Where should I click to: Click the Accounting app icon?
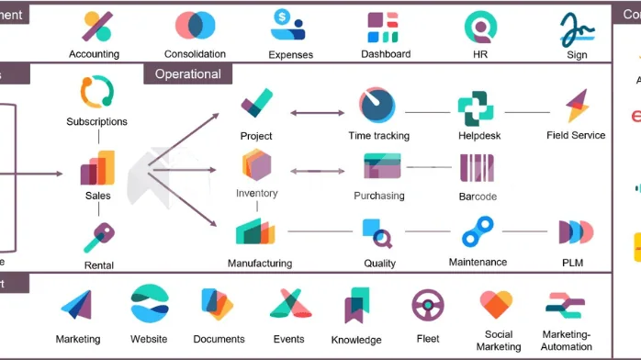coord(95,27)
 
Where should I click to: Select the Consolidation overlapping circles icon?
coord(195,26)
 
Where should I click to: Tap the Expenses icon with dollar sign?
coord(288,26)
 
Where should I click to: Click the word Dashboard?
coord(386,54)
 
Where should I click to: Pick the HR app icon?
coord(478,28)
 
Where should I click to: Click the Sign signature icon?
coord(576,28)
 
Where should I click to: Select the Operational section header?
coord(187,74)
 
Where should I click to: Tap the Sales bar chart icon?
coord(97,168)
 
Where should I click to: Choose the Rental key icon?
coord(97,237)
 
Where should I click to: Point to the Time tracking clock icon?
coord(377,106)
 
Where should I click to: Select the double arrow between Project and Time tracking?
coord(316,113)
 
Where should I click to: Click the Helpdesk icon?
coord(476,108)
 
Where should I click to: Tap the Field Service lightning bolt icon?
coord(577,107)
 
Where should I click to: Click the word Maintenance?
coord(477,263)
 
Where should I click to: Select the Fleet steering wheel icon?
coord(428,305)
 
